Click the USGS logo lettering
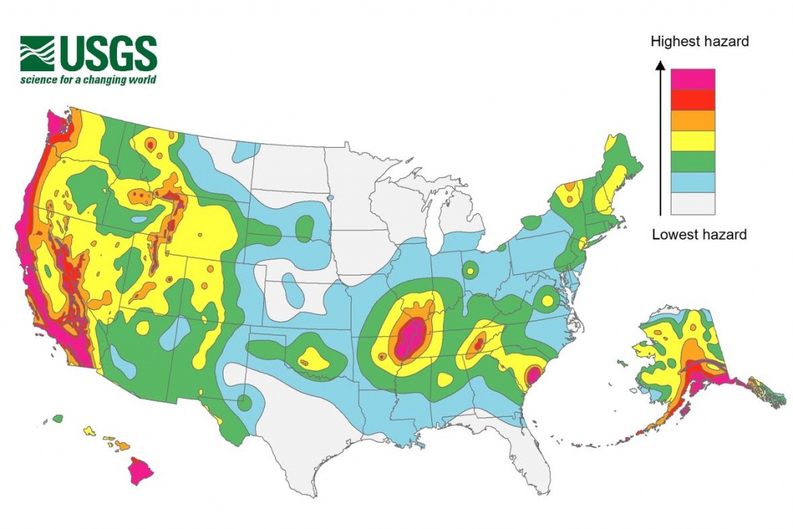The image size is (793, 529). (x=108, y=53)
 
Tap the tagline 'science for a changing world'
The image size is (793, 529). (x=88, y=80)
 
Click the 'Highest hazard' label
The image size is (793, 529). (x=699, y=41)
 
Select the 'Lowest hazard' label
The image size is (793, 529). (x=699, y=234)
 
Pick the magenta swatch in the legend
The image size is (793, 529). (x=692, y=79)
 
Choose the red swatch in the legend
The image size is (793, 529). (x=692, y=100)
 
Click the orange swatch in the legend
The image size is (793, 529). (x=692, y=121)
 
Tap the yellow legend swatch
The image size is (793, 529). (x=692, y=141)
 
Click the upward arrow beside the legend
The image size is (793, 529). (x=659, y=139)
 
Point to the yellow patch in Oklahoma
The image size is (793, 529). (x=313, y=358)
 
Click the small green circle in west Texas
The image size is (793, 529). (x=245, y=402)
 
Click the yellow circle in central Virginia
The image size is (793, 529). (x=548, y=299)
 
